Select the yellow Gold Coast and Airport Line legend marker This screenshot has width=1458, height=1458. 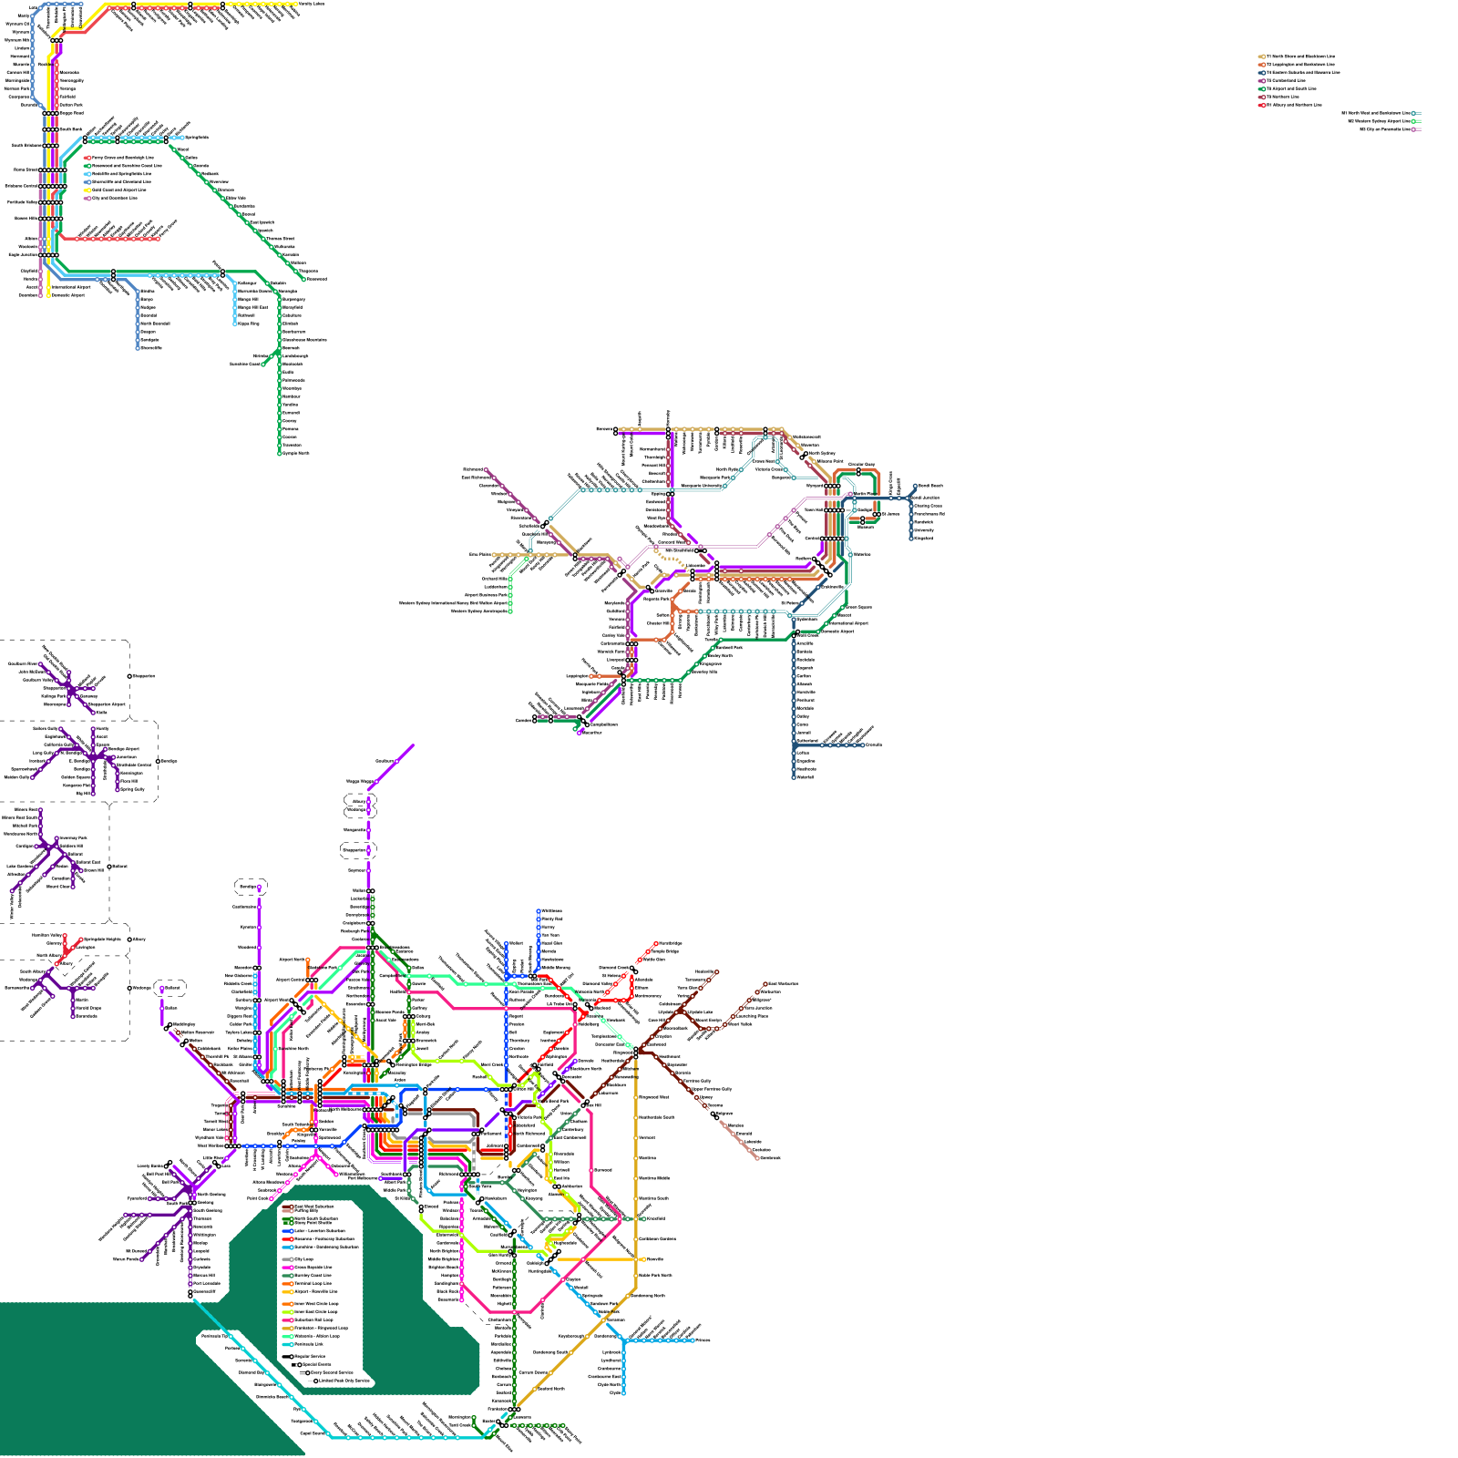coord(87,190)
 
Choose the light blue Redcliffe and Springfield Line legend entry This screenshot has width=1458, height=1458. coord(87,173)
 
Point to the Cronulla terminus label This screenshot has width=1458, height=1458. coord(874,744)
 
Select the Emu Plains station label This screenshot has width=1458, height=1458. coord(480,554)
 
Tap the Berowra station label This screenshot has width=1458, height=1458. coord(605,429)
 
